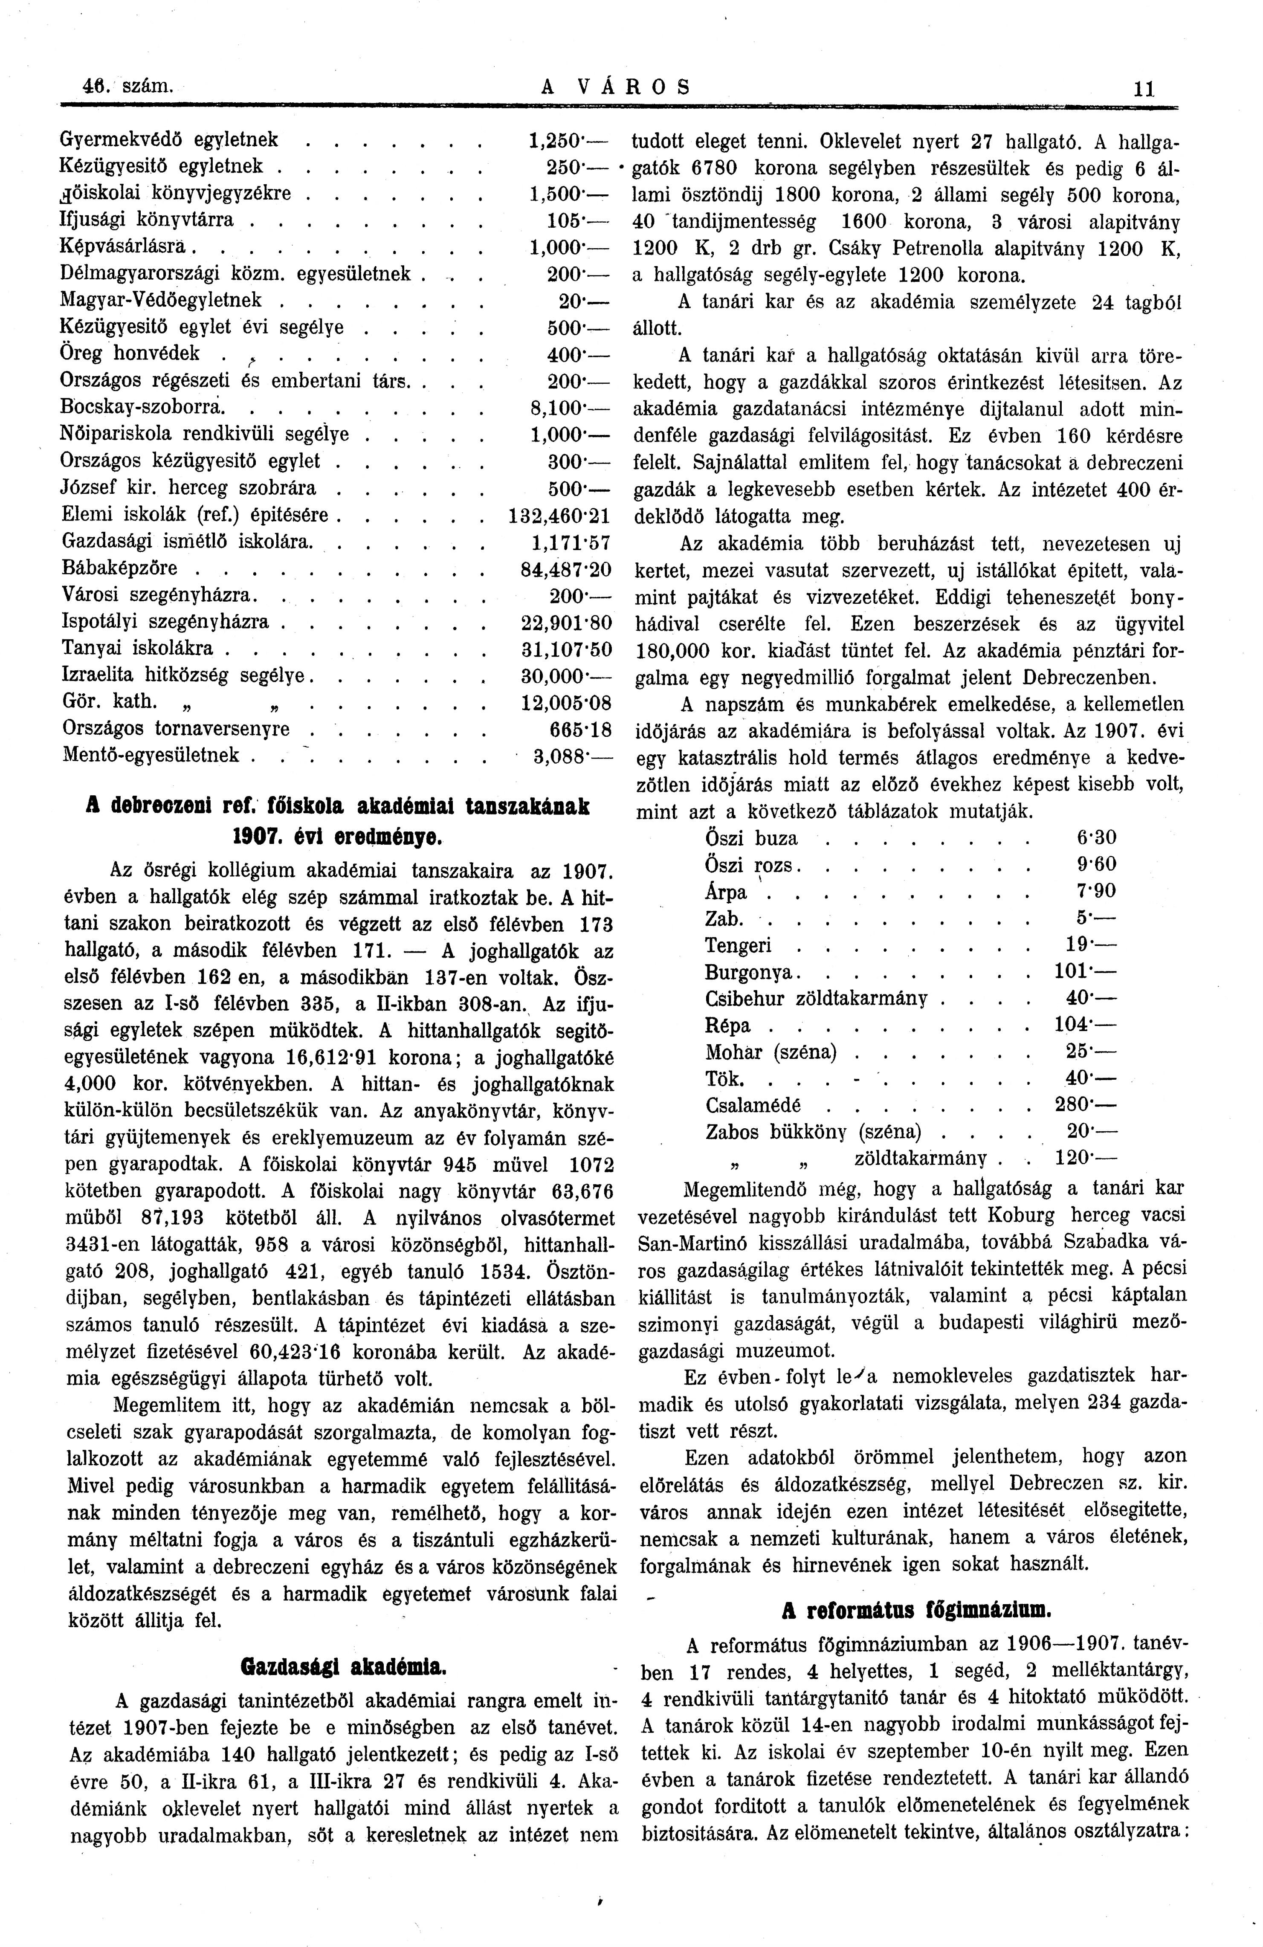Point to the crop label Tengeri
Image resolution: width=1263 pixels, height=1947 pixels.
point(738,946)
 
